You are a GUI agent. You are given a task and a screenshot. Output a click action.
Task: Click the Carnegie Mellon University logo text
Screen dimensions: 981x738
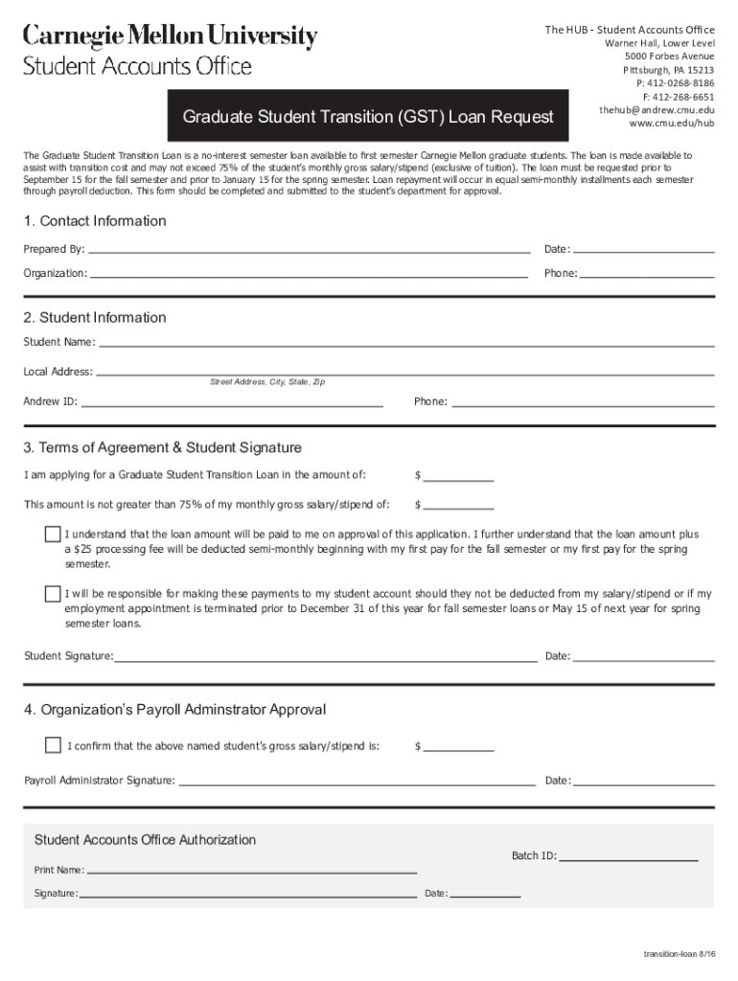click(170, 37)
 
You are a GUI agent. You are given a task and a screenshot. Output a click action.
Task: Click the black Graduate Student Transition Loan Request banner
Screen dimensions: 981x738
click(368, 117)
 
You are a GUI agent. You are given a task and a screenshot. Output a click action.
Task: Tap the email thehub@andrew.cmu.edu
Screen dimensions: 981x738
click(657, 110)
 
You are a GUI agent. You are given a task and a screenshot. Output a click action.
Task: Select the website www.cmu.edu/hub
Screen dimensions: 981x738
click(671, 124)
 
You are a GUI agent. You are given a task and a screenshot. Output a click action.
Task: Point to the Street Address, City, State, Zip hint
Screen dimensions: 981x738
click(267, 382)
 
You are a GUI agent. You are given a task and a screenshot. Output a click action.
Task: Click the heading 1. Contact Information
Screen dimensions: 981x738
click(95, 221)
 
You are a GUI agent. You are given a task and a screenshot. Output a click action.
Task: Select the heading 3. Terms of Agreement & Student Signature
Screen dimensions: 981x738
click(163, 447)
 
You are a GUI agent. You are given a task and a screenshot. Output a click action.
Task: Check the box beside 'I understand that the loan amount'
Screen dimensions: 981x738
click(53, 534)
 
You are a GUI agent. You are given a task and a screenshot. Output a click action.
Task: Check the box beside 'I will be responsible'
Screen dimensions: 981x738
click(53, 594)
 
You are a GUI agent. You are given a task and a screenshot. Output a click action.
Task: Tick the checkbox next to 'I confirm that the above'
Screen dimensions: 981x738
click(53, 745)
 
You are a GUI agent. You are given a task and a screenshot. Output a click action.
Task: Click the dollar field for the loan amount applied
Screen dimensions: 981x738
click(458, 475)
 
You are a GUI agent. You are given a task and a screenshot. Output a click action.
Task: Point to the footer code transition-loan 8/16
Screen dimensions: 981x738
click(679, 956)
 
